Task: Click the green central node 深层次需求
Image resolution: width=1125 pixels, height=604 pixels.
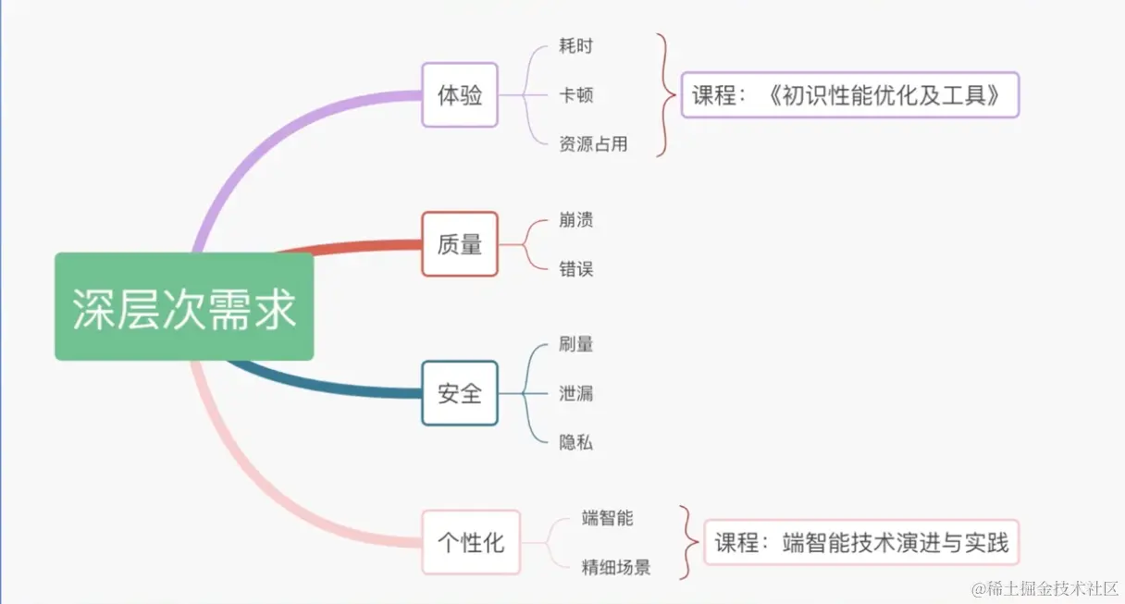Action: (184, 307)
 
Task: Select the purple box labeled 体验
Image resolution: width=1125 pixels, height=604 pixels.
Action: (460, 94)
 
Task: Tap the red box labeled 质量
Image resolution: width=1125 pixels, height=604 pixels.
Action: (460, 244)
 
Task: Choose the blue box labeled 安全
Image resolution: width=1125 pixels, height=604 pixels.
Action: (460, 393)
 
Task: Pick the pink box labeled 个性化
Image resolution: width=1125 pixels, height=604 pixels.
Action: (471, 542)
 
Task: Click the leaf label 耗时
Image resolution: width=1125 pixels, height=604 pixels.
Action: (575, 45)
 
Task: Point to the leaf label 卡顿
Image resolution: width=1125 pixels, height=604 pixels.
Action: (575, 94)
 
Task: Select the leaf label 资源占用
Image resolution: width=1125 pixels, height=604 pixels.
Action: (593, 144)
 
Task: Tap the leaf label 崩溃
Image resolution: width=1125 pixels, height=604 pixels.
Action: (575, 220)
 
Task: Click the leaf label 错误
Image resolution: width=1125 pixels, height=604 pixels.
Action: (575, 269)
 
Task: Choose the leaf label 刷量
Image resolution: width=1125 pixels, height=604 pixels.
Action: (575, 344)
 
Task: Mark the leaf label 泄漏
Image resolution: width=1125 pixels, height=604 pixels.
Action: (575, 393)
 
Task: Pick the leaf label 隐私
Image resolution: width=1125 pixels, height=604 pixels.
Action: (575, 442)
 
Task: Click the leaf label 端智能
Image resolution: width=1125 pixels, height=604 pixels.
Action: (608, 518)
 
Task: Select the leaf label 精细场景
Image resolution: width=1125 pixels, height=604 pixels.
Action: (616, 567)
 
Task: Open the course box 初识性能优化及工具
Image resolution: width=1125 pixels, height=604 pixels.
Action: (850, 94)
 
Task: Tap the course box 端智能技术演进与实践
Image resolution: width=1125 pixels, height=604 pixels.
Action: (860, 542)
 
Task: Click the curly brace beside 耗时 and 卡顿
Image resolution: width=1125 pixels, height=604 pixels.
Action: (664, 94)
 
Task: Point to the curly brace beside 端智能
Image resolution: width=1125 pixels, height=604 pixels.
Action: (686, 542)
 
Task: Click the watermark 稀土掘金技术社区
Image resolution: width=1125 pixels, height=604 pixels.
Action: (1045, 588)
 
